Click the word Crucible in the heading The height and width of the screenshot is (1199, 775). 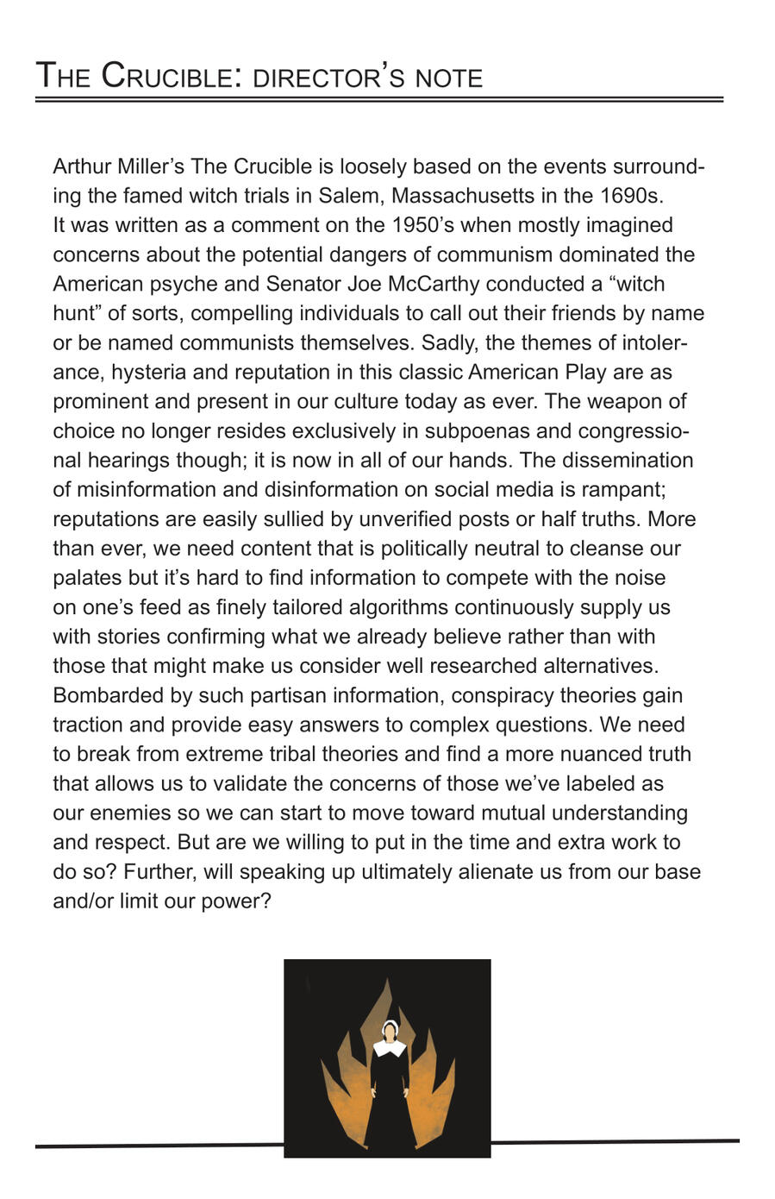[x=166, y=77]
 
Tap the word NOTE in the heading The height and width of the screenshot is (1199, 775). [x=449, y=78]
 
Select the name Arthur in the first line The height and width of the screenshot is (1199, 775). [x=82, y=166]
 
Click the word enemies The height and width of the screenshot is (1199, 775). [x=131, y=813]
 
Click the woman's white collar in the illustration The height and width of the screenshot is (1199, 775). [x=390, y=1048]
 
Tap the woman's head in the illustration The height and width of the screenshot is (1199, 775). [x=390, y=1030]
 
